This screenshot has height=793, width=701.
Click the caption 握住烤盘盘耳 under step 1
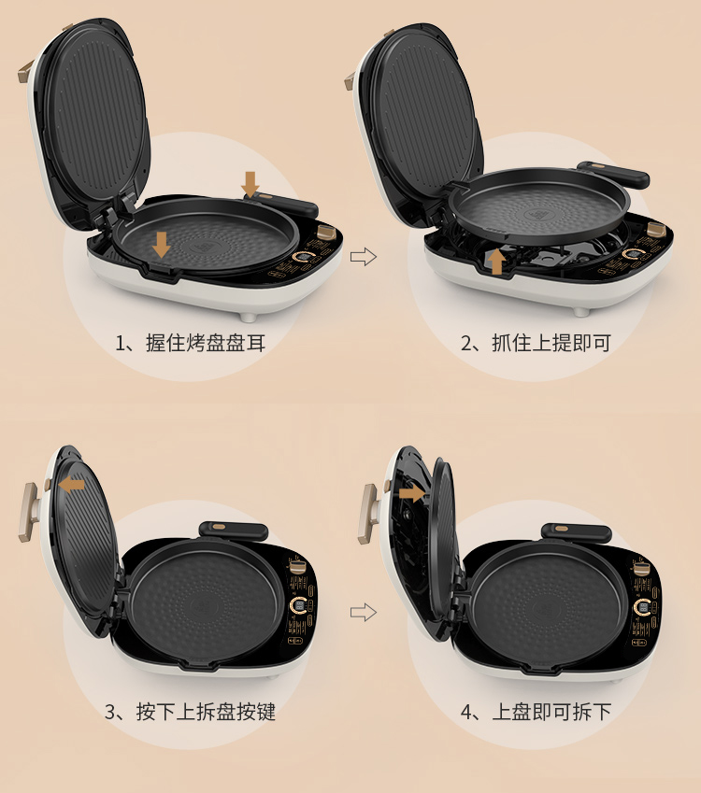[x=206, y=343]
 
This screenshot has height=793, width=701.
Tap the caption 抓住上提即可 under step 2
[x=551, y=343]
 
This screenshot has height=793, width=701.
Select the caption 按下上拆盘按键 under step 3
[x=206, y=712]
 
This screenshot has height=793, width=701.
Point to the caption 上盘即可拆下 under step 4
[x=551, y=712]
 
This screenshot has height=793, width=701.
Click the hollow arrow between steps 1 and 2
[x=364, y=257]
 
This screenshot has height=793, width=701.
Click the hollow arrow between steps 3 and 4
[x=364, y=613]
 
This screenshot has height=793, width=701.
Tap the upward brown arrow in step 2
[x=497, y=262]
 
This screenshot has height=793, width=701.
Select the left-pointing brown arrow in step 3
[x=71, y=486]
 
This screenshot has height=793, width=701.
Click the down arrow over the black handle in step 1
[x=250, y=184]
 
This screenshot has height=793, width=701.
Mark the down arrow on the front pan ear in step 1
[x=162, y=245]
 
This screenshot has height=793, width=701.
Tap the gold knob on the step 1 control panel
[x=327, y=234]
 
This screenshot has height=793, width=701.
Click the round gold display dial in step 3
[x=298, y=606]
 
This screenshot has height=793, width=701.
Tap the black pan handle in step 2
[x=613, y=174]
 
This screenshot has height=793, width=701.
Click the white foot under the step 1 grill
[x=248, y=317]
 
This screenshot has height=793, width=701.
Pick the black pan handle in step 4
[x=577, y=532]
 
